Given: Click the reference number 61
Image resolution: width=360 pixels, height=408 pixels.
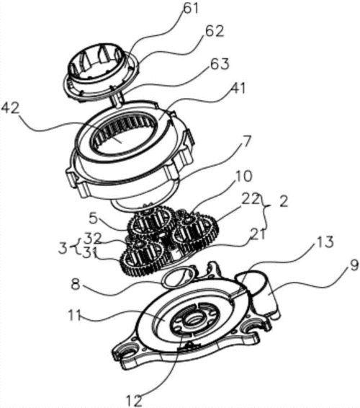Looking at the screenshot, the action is point(191,9).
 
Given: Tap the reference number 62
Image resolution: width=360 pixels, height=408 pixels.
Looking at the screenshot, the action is point(214,31).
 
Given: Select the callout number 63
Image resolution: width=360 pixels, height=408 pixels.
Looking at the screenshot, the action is point(220,64).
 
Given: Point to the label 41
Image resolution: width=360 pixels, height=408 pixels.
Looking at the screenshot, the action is point(238,89).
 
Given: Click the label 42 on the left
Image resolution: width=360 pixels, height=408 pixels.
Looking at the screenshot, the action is point(10,108).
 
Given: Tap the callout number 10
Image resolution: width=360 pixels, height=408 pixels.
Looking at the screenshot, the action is point(244,176).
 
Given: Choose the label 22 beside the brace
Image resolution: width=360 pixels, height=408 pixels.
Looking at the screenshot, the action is point(251,200).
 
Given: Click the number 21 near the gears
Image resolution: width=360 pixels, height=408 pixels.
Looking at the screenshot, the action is point(258,234).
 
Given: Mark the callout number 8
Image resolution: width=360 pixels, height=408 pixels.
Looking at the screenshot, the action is point(76,285).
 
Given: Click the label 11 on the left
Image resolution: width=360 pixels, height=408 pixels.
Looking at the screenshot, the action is point(75,315).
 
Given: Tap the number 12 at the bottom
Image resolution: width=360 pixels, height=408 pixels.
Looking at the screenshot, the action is point(135,401).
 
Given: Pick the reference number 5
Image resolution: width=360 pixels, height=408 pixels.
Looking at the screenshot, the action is point(94,219).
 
